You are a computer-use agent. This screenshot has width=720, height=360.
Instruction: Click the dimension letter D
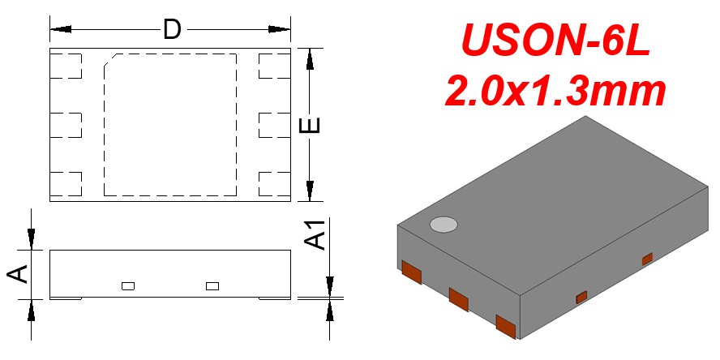tap(172, 29)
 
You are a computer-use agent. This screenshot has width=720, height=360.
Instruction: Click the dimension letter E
tap(310, 125)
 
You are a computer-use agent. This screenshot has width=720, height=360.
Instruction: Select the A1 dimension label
tap(316, 234)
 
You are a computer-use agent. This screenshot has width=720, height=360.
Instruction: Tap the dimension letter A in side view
tap(18, 275)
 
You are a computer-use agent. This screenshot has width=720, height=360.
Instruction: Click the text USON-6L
tap(555, 40)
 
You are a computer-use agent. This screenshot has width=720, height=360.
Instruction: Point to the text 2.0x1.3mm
tap(555, 92)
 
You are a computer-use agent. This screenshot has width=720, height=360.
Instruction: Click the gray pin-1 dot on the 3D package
tap(444, 224)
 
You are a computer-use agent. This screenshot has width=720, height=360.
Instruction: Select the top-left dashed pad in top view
tap(66, 66)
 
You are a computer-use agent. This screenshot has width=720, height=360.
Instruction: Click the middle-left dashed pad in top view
tap(66, 125)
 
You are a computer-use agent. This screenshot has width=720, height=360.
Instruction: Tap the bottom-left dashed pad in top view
tap(66, 184)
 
